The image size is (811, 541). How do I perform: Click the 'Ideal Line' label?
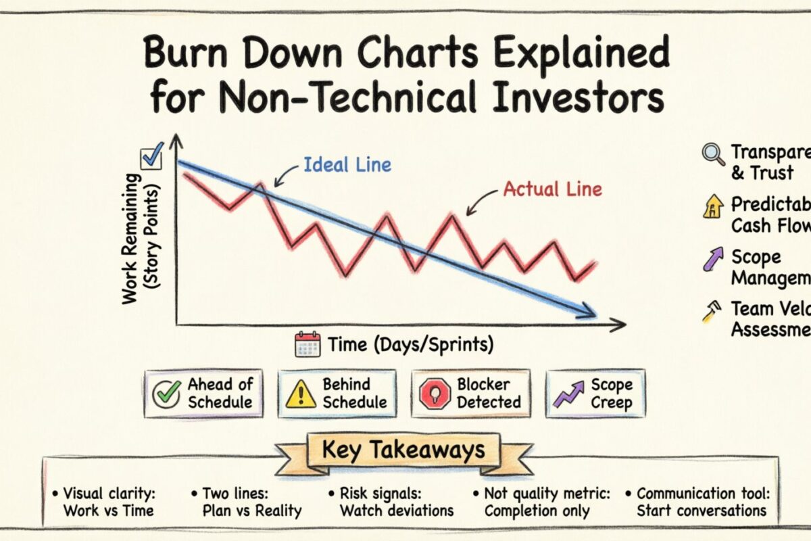coord(347,164)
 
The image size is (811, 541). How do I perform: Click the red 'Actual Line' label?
coord(552,189)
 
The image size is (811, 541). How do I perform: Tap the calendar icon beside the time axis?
coord(308,344)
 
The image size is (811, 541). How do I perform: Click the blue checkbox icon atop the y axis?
coord(151,159)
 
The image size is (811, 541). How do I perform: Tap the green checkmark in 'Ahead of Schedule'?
coord(166,393)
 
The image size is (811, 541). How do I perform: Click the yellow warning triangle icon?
coord(301,393)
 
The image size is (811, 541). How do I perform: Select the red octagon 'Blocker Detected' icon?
coord(435,393)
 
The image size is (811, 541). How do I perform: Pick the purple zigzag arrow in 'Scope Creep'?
coord(569,393)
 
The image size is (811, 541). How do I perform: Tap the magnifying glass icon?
coord(712,155)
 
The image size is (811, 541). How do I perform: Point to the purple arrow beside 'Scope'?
coord(712,259)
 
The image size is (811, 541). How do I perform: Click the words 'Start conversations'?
coord(702,511)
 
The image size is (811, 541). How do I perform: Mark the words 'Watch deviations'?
coord(396,511)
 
